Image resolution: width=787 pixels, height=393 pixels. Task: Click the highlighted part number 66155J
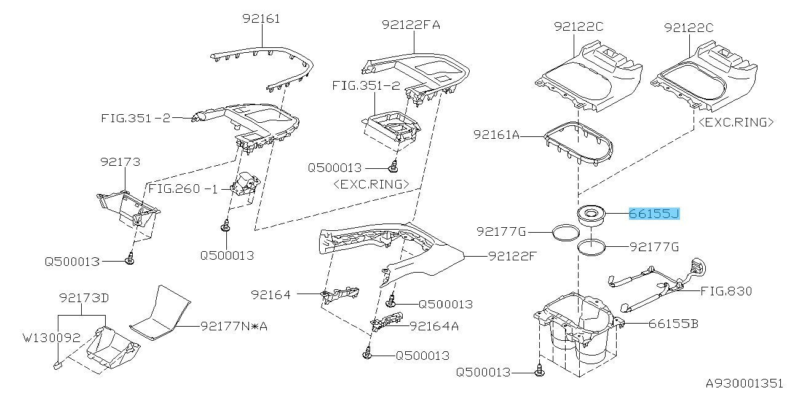(654, 214)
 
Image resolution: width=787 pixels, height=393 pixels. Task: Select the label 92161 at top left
(260, 19)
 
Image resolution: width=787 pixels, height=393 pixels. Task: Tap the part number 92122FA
(411, 25)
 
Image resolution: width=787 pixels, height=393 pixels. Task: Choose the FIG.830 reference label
(726, 291)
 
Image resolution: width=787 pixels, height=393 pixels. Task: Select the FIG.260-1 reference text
(183, 189)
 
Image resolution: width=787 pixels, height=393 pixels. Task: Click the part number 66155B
(673, 324)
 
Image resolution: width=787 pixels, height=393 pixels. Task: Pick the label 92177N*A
(234, 326)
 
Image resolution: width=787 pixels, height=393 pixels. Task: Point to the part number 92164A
(434, 326)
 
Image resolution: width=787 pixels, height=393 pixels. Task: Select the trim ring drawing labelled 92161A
(578, 142)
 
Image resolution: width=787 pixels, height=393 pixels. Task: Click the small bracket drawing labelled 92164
(338, 294)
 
